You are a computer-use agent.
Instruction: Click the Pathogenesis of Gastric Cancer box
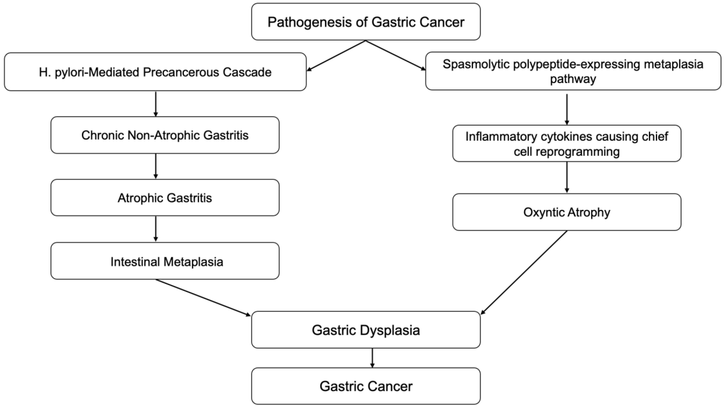coord(366,22)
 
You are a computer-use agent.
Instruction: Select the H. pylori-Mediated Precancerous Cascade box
coord(155,72)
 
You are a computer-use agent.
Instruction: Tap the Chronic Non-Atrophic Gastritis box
coord(165,135)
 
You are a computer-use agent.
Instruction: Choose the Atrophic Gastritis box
coord(165,198)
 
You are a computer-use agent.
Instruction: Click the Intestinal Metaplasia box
coord(165,261)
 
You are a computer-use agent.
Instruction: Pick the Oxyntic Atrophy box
coord(567,212)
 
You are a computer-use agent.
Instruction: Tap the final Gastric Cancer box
coord(366,386)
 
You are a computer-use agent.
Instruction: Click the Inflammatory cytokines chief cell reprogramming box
coord(567,144)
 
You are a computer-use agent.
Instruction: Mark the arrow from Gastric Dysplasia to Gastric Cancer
coord(372,358)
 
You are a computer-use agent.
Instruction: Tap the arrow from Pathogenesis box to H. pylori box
coord(336,56)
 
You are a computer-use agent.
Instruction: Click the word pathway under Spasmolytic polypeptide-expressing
coord(573,79)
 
